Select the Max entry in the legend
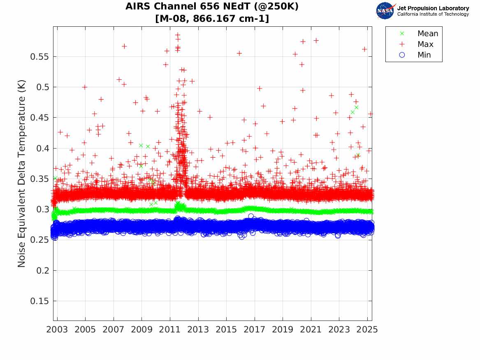[x=425, y=44]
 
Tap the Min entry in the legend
[x=424, y=55]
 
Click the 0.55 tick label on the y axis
[x=40, y=56]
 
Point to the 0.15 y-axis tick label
[x=40, y=301]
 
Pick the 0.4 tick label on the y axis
[x=43, y=148]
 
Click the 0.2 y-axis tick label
[x=43, y=270]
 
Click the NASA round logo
[x=385, y=11]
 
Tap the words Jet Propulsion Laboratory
[x=433, y=8]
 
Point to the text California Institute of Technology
[x=433, y=14]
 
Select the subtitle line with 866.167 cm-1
[x=212, y=19]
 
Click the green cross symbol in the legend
[x=402, y=34]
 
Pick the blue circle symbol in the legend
[x=402, y=55]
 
